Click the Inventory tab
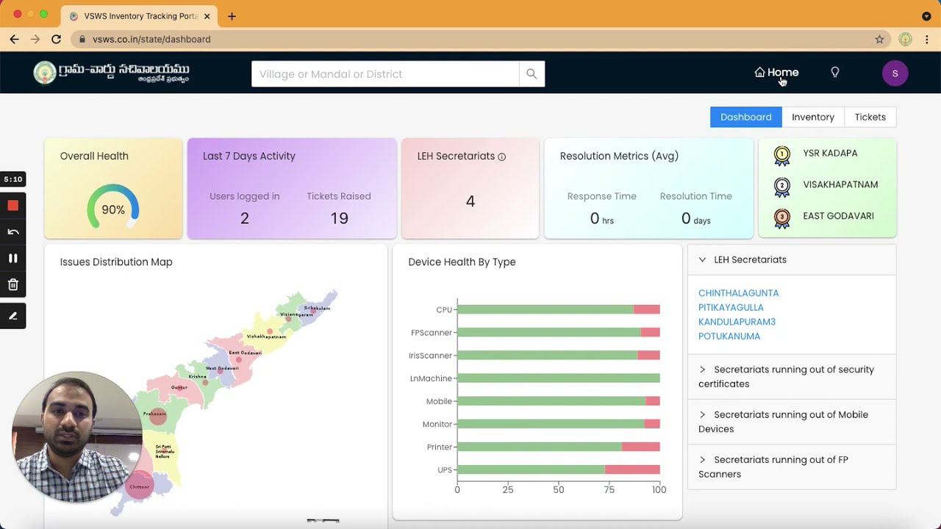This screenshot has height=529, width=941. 812,117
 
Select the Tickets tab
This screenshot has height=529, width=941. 870,117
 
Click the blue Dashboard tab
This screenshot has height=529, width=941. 745,117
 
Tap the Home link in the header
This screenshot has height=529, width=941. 776,73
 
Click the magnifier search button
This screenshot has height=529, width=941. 532,73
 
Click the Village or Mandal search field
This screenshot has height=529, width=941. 384,73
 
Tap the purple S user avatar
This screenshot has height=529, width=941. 895,73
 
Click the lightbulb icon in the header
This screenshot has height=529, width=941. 834,72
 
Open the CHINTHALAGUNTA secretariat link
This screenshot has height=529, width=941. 738,293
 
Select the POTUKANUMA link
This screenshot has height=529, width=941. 729,337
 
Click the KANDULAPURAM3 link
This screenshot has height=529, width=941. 737,322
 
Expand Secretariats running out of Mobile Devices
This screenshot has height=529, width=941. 790,422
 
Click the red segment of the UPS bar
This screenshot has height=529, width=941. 632,469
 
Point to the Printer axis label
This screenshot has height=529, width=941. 439,447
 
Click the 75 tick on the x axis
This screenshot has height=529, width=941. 608,490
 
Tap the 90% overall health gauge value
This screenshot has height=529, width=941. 113,209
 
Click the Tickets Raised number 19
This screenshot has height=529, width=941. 339,218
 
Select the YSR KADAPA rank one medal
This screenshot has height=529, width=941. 782,154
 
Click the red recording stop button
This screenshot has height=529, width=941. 12,206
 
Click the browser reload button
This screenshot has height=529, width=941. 56,39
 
